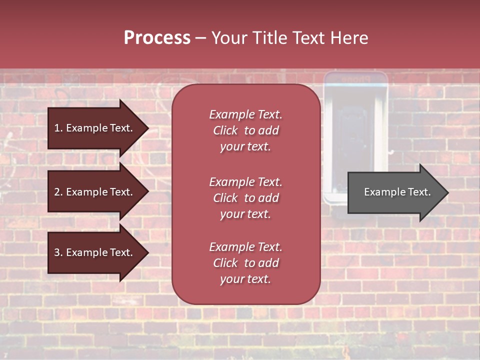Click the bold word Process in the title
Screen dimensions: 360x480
click(157, 38)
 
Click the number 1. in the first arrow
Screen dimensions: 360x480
click(58, 128)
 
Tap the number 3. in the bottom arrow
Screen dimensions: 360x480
click(58, 252)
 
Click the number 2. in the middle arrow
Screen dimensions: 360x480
click(58, 192)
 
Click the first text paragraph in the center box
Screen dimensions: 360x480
click(245, 130)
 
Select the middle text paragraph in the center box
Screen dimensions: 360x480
click(245, 198)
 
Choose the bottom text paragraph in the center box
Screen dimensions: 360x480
click(245, 263)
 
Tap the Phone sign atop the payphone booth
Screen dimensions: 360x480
click(355, 79)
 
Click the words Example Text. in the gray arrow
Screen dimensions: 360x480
click(397, 192)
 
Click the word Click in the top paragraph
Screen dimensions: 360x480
click(225, 130)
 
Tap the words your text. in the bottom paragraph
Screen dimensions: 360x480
click(245, 279)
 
